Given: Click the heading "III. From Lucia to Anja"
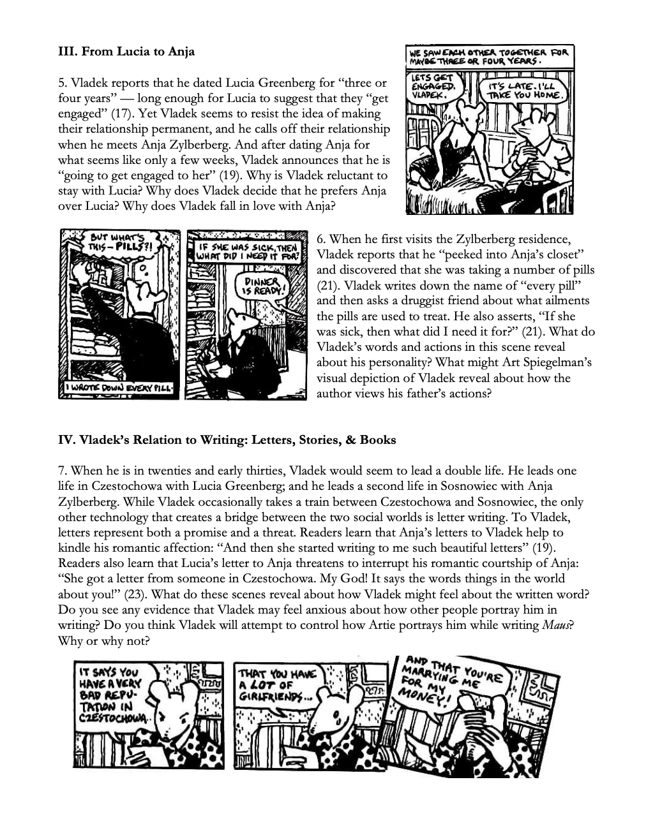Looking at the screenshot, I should point(126,52).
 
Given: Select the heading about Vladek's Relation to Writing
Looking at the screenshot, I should point(227,439).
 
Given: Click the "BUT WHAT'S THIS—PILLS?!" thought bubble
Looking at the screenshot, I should point(120,244).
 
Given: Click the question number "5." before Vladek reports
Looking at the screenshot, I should point(63,83).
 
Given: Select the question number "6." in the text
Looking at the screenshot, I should point(321,239).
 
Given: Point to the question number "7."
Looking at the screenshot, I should point(63,471).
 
